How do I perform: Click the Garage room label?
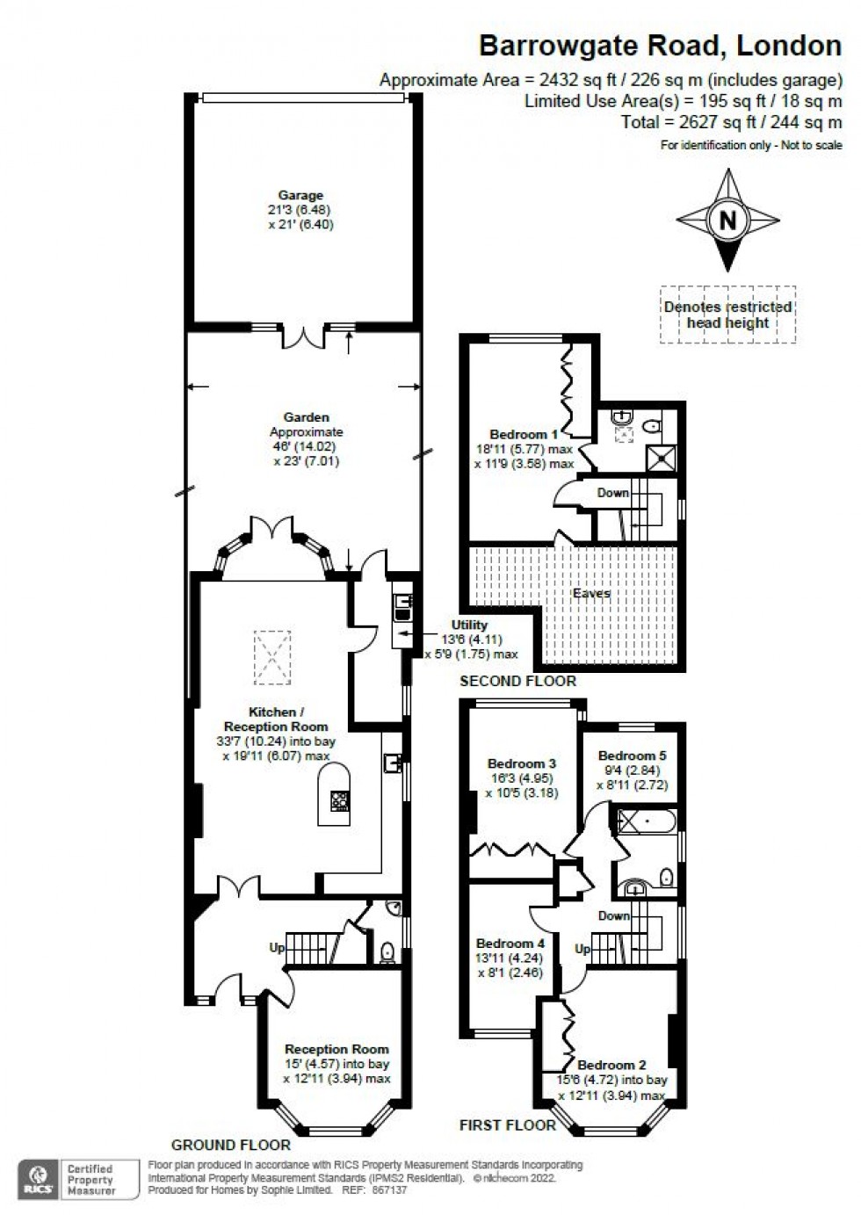[x=300, y=196]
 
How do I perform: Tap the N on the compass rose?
[x=727, y=220]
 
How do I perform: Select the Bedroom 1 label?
[x=524, y=434]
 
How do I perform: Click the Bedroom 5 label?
[x=633, y=756]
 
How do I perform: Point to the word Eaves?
[x=591, y=594]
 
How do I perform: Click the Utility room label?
[x=469, y=625]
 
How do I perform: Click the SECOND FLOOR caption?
[x=518, y=681]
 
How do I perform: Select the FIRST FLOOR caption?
[x=508, y=1125]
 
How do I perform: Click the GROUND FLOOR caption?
[x=230, y=1145]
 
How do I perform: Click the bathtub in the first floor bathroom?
[x=648, y=822]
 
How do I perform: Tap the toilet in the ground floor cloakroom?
[x=387, y=952]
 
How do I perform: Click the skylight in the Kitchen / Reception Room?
[x=271, y=656]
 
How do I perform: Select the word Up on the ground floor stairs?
[x=278, y=948]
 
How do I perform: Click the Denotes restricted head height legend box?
[x=728, y=315]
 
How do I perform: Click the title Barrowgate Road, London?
[x=660, y=45]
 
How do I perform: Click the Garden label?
[x=306, y=417]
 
